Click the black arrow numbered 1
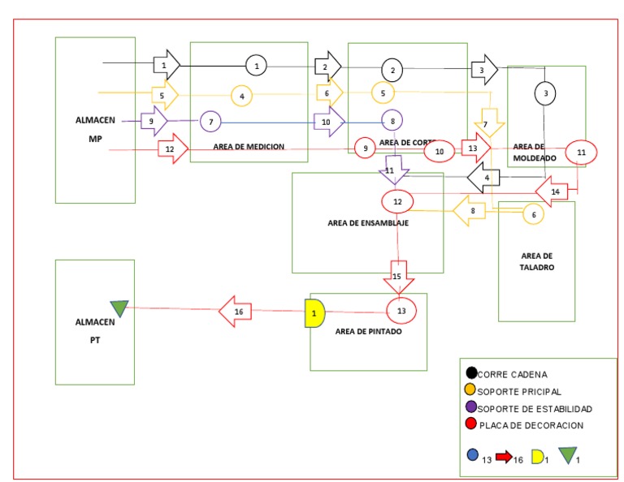[x=166, y=63]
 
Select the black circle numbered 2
[x=392, y=70]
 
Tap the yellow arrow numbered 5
[x=165, y=95]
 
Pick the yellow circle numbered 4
[x=241, y=96]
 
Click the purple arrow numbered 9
[x=153, y=122]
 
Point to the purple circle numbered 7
[x=210, y=122]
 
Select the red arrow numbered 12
[x=171, y=149]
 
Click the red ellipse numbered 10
[x=440, y=151]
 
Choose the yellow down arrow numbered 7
[x=489, y=123]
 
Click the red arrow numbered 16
[x=236, y=311]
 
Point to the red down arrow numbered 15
[x=398, y=275]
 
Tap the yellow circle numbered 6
[x=533, y=215]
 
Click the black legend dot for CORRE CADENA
[x=471, y=374]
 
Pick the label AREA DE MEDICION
[x=249, y=147]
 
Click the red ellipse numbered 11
[x=581, y=152]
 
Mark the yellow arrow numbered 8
[x=470, y=210]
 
